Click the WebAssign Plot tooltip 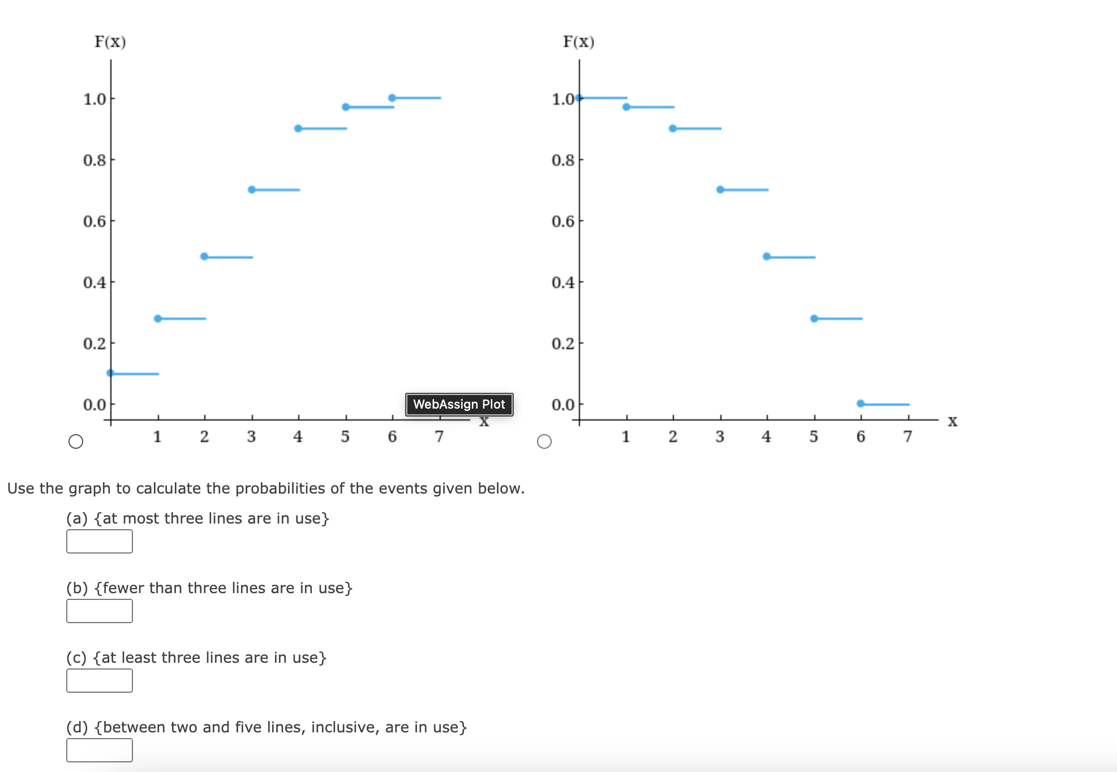(x=459, y=404)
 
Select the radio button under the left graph (x=76, y=441)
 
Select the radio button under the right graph (x=544, y=441)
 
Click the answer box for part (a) (x=100, y=541)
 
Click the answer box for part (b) (x=100, y=611)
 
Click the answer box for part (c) (x=100, y=680)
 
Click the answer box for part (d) (x=100, y=750)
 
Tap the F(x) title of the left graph (x=110, y=42)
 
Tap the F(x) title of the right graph (x=578, y=42)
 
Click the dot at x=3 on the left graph (x=252, y=190)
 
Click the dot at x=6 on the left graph (x=392, y=98)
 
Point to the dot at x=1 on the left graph (x=158, y=319)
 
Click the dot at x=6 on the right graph (x=861, y=404)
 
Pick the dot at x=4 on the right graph (x=767, y=256)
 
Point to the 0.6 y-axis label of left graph (x=94, y=221)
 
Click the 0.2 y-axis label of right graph (x=563, y=344)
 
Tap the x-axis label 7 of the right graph (x=908, y=436)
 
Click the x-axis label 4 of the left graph (x=298, y=436)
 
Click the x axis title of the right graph (x=953, y=421)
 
